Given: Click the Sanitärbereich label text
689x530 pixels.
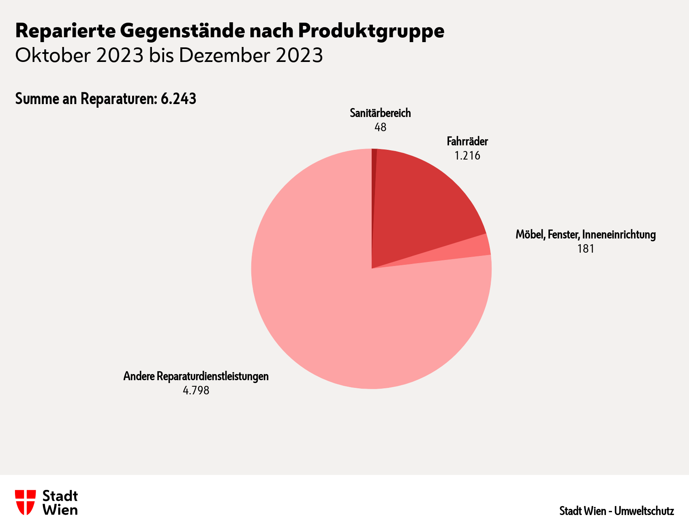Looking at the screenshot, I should pos(380,113).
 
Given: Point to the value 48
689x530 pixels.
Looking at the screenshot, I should pos(380,128).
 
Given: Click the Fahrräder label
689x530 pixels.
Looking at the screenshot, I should pos(467,142).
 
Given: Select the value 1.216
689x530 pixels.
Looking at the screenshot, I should pos(467,156).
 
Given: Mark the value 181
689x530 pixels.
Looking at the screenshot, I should pos(586,249).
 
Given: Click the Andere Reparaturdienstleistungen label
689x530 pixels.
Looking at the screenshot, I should pos(196,377).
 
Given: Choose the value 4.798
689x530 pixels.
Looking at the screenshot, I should pos(196,391).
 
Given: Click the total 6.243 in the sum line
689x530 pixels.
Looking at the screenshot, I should pos(178,99).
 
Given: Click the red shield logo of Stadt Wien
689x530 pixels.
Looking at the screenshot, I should pos(25,502).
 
